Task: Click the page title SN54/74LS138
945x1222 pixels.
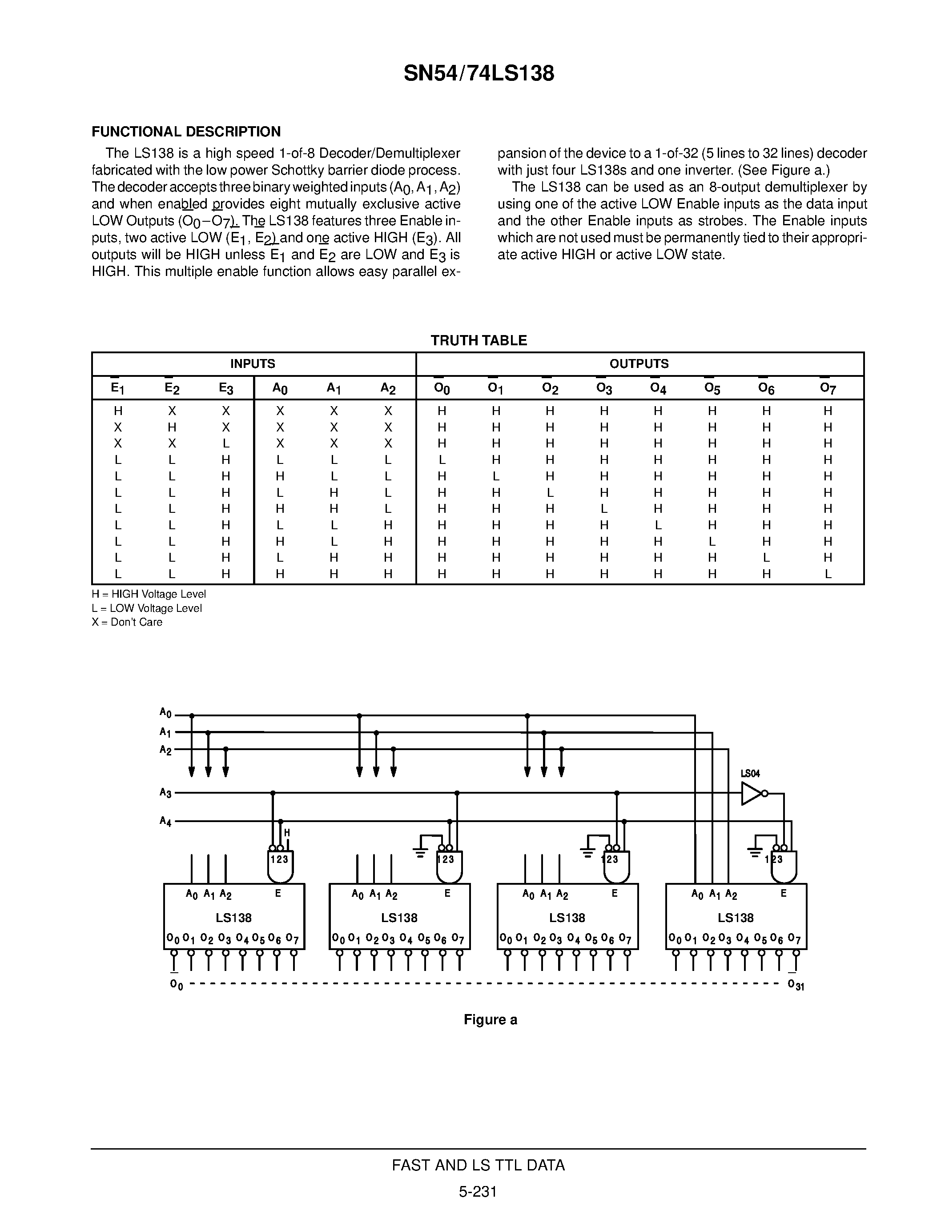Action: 479,73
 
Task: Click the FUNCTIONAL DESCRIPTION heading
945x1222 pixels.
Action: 186,132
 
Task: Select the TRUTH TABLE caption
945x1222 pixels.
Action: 479,340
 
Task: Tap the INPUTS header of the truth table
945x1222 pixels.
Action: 253,363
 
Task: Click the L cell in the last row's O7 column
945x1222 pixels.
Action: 828,574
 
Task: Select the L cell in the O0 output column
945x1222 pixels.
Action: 442,460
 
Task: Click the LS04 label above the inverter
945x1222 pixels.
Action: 750,774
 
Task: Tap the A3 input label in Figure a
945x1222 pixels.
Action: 165,793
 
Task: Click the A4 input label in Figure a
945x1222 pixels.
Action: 165,821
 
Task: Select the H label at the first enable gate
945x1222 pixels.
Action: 287,833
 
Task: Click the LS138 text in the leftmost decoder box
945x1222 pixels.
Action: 233,918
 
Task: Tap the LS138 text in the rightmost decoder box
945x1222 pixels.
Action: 736,918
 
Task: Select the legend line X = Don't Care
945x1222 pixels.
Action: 127,622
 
